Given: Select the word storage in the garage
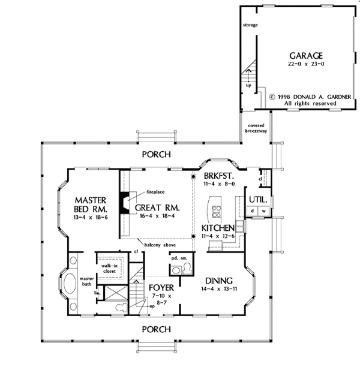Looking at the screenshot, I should click(x=251, y=27).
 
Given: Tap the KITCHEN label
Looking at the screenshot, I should click(x=217, y=229).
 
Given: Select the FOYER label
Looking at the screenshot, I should click(x=161, y=287).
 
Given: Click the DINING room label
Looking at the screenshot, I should click(x=220, y=279).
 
